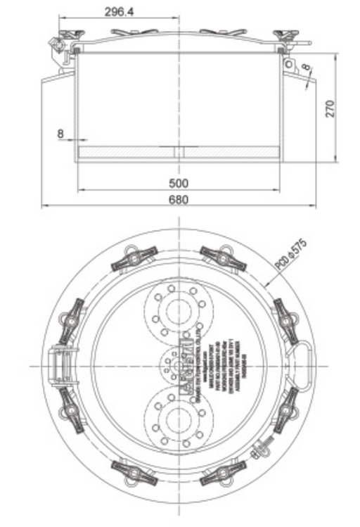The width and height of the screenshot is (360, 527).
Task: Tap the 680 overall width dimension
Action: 179,200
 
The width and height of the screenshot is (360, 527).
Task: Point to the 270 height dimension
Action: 330,107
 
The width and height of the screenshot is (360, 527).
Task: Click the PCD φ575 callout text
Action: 290,255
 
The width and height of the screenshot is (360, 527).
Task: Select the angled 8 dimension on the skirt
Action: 306,69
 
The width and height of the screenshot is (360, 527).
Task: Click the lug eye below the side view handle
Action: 289,64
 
